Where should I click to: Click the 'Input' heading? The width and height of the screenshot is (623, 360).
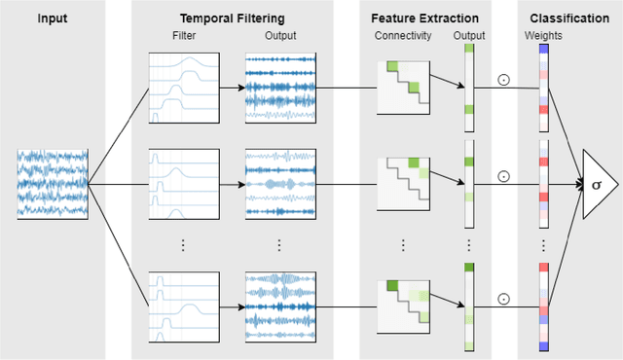pyautogui.click(x=53, y=18)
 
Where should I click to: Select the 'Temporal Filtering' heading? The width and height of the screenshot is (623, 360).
pyautogui.click(x=232, y=18)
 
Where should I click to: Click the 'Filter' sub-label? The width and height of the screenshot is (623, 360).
pyautogui.click(x=184, y=37)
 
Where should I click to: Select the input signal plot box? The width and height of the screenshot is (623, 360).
pyautogui.click(x=53, y=182)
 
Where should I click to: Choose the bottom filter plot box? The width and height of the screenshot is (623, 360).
pyautogui.click(x=184, y=307)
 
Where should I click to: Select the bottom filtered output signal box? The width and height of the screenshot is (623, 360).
pyautogui.click(x=281, y=307)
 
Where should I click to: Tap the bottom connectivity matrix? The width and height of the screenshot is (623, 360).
pyautogui.click(x=403, y=306)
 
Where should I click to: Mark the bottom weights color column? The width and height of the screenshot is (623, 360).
pyautogui.click(x=542, y=307)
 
